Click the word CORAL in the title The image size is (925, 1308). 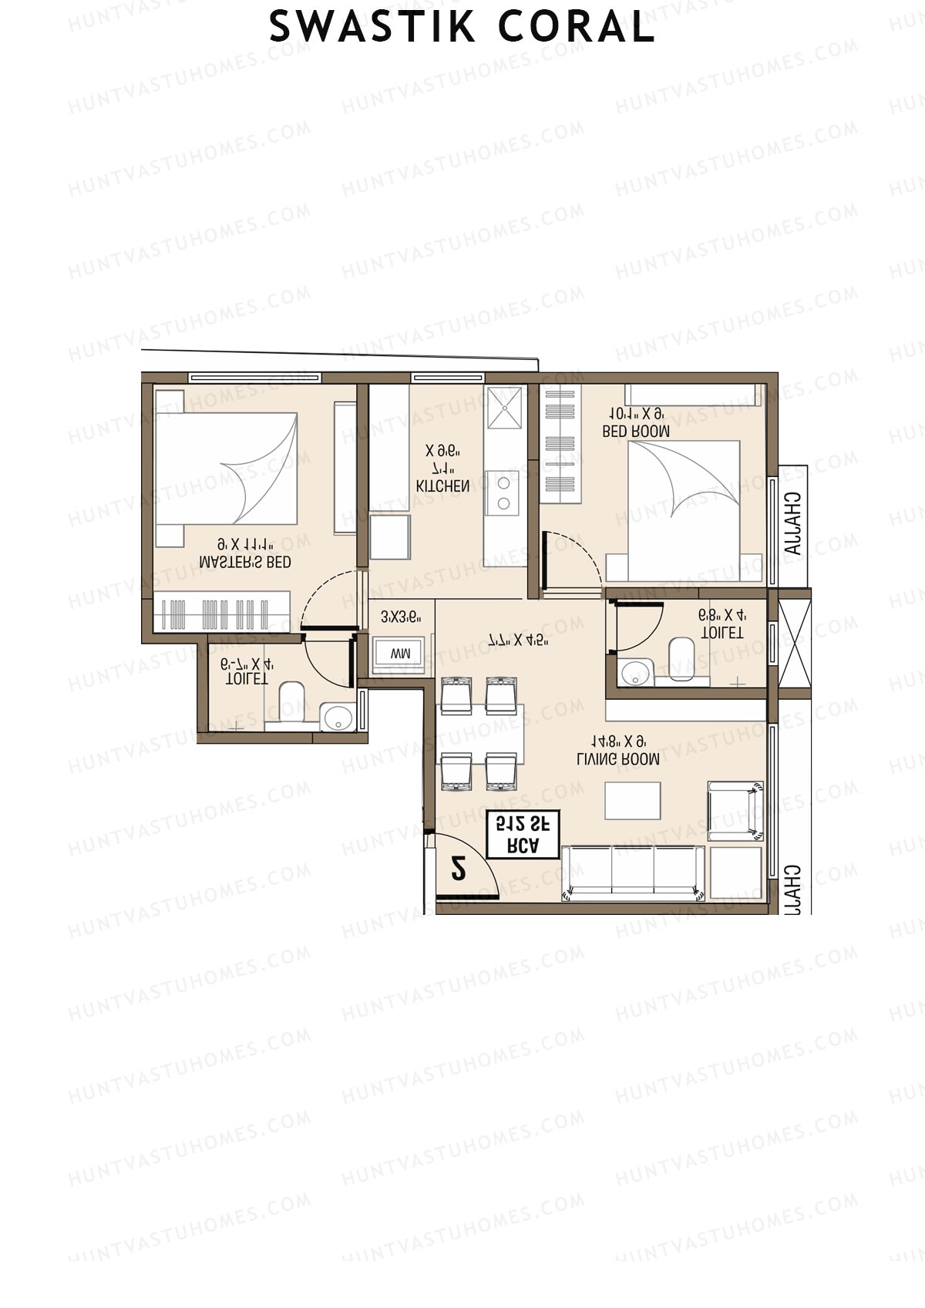point(577,28)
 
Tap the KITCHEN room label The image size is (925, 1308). point(442,486)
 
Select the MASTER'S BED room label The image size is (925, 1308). point(245,563)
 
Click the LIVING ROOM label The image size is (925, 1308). point(618,759)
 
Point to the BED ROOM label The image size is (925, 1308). point(636,432)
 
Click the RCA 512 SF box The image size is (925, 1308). point(523,834)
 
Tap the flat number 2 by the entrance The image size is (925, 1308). point(459,869)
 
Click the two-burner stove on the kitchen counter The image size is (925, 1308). point(503,493)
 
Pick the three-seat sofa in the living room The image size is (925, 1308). point(634,873)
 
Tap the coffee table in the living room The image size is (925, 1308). point(633,801)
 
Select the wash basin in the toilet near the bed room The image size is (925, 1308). point(636,672)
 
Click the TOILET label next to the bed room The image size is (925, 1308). point(722,632)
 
